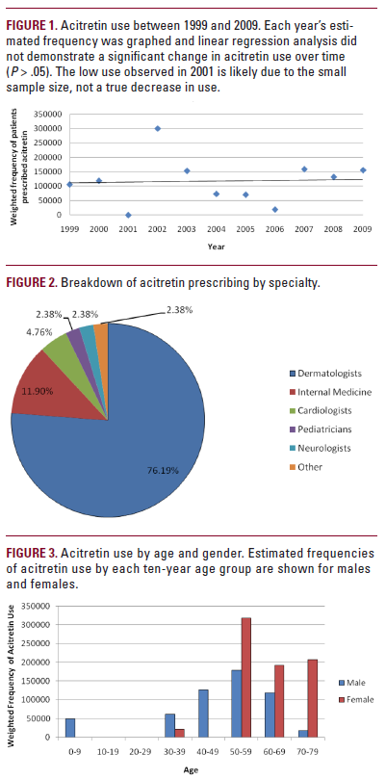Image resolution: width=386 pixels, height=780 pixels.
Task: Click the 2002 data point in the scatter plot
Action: [158, 128]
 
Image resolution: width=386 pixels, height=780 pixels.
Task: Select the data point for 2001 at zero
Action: [128, 215]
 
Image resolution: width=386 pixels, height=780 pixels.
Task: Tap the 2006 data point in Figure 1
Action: [275, 209]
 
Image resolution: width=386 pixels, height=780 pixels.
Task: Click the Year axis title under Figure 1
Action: [217, 246]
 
